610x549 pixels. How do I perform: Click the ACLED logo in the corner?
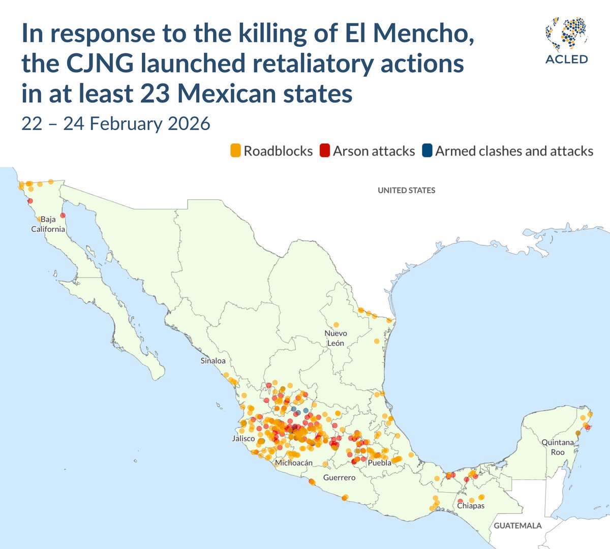pos(566,41)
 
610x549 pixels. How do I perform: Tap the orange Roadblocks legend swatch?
pos(235,151)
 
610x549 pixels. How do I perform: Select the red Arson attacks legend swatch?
pos(325,151)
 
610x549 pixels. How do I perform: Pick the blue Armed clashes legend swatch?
pos(427,151)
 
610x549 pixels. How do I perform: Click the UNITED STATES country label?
pos(406,190)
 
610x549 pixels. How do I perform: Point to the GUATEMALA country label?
pos(517,526)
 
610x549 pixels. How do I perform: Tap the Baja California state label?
pos(48,224)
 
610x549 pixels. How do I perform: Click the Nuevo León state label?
pos(335,338)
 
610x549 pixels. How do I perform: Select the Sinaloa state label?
pos(213,361)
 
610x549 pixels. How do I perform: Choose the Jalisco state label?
pos(243,438)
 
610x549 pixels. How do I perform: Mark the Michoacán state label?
pos(294,463)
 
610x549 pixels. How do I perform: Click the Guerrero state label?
pos(339,478)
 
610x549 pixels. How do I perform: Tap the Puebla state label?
pos(380,463)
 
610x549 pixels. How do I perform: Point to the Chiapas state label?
pos(471,506)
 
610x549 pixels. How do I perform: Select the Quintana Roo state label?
pos(558,447)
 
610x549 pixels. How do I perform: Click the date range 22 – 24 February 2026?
pos(115,124)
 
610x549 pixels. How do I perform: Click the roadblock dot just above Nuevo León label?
pos(336,325)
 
